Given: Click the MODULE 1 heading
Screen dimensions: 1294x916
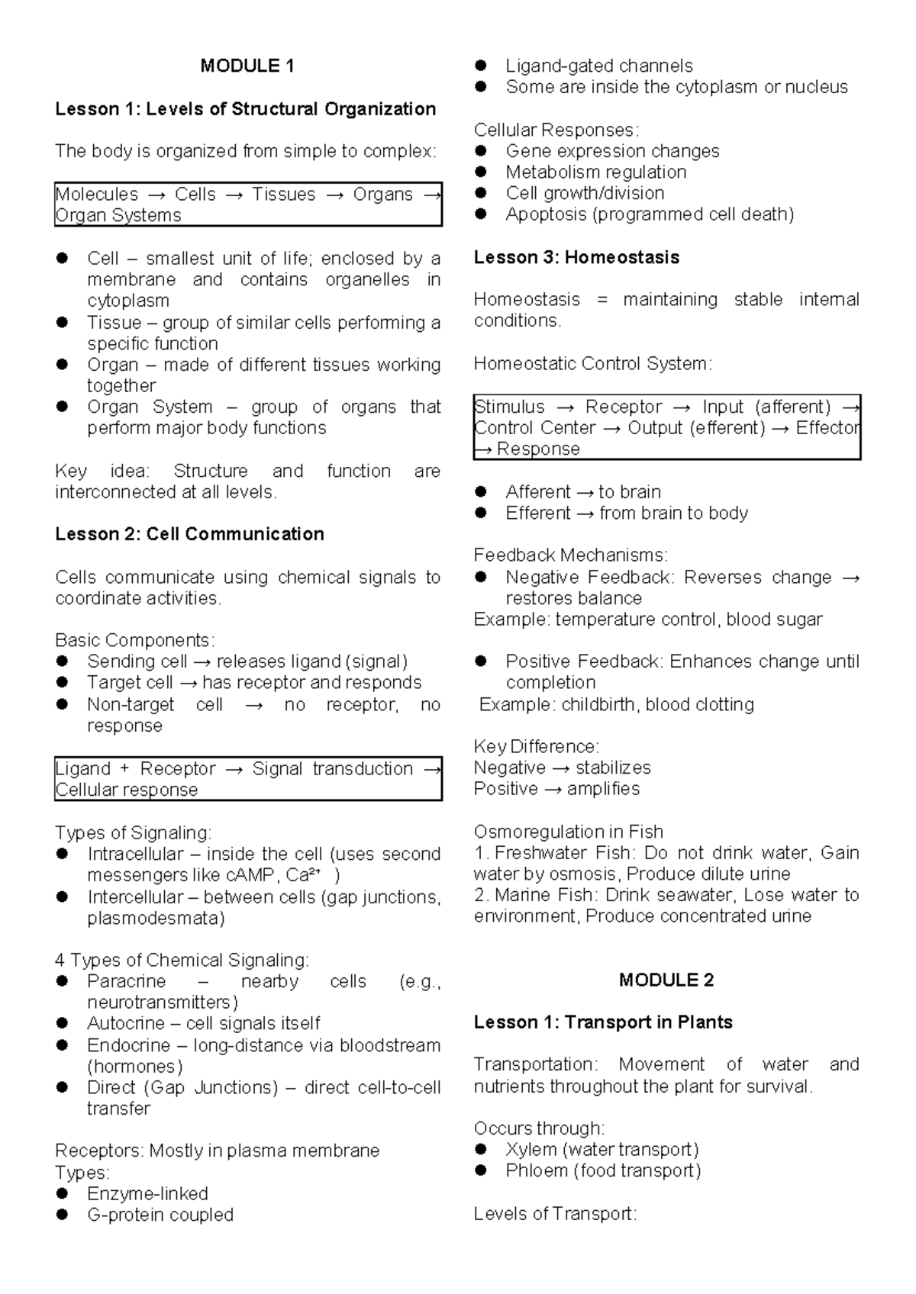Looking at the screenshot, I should [247, 66].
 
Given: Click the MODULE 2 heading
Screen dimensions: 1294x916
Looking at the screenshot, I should [666, 980].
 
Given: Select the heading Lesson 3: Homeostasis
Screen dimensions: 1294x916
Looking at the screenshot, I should [576, 258].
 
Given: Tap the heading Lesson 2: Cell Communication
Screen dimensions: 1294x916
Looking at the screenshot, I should [189, 534].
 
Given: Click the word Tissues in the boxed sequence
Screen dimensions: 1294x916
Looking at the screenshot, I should [283, 195].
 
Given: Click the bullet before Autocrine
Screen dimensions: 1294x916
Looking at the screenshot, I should [63, 1023].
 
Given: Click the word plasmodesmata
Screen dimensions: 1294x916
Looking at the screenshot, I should [156, 918].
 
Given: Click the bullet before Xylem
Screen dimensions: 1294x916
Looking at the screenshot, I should [481, 1150].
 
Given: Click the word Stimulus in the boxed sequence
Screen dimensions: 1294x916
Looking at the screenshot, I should [510, 407].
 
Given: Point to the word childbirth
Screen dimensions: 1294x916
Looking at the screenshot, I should [599, 704].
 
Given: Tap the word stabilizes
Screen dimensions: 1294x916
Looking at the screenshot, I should [613, 768].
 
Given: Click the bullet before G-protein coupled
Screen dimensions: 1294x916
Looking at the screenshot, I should [63, 1215].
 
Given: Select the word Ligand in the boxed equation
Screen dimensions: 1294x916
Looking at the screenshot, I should [83, 769].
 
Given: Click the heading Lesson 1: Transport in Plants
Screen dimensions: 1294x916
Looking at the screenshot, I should [603, 1022].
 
